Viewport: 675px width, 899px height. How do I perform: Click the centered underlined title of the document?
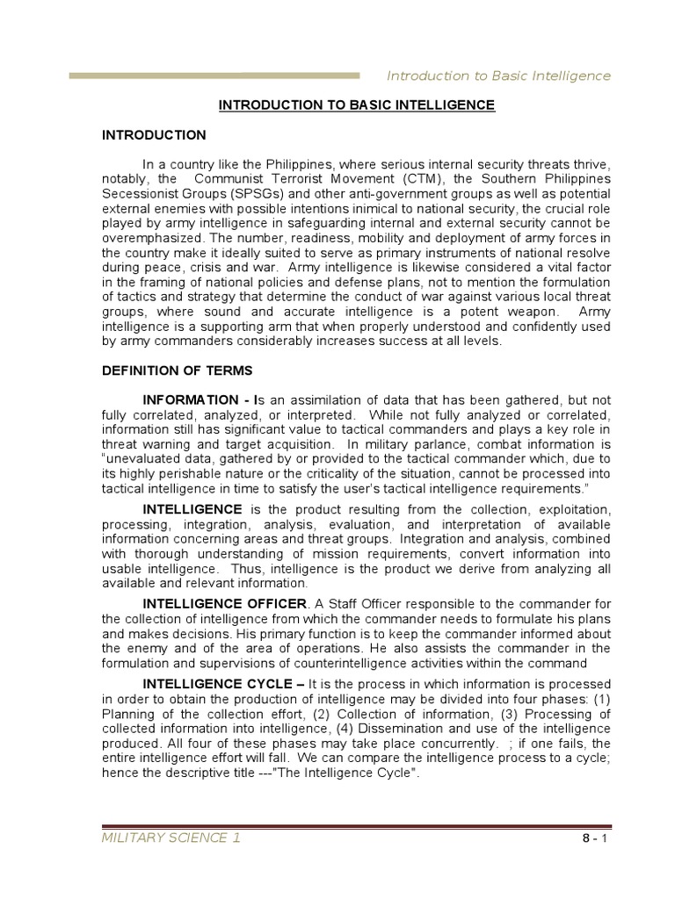click(357, 105)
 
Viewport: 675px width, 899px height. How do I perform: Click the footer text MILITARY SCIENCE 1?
click(172, 838)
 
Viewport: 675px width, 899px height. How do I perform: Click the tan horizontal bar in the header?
click(214, 76)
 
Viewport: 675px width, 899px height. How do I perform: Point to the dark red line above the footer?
click(357, 825)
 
